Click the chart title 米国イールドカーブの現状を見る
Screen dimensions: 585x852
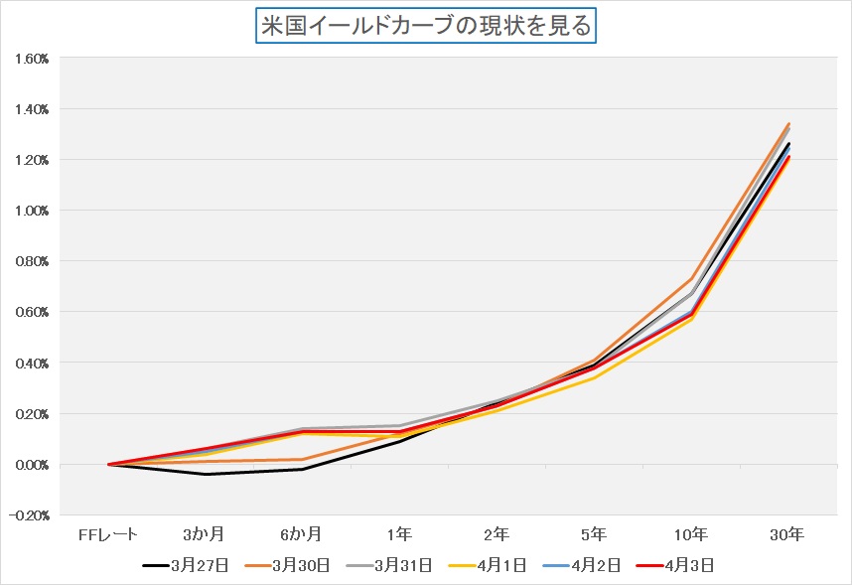tap(425, 26)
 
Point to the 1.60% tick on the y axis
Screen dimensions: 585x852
tap(33, 58)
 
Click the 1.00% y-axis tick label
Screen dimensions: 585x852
tap(33, 211)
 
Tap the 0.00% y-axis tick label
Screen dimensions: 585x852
tap(33, 465)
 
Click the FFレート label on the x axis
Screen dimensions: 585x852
tap(109, 535)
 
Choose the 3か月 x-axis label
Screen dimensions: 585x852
tap(206, 535)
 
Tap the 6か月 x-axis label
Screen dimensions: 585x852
tap(302, 535)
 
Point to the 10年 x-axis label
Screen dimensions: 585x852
tap(690, 535)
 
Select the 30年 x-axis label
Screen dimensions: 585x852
tap(787, 535)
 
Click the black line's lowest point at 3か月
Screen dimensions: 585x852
tap(206, 475)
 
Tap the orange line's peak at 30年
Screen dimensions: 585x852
tap(787, 124)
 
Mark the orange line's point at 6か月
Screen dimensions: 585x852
tap(302, 460)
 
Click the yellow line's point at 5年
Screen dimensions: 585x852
tap(594, 378)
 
